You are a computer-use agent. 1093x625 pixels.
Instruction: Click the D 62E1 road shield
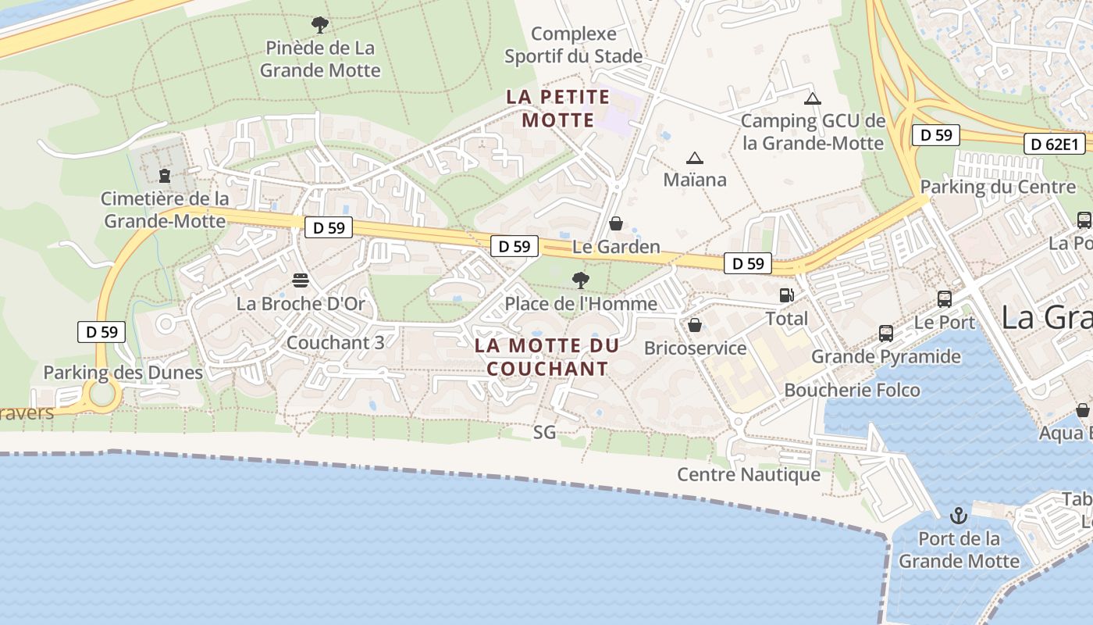point(1055,144)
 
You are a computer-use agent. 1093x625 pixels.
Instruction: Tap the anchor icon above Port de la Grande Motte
point(958,516)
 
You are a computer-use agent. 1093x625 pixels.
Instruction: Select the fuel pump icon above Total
point(786,295)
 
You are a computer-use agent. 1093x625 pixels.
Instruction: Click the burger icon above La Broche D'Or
point(301,279)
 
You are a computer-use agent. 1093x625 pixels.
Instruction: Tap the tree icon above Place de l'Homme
point(580,279)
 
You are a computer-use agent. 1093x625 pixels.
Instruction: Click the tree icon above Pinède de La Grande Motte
point(319,24)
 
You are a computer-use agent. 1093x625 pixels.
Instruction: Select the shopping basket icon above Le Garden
point(616,224)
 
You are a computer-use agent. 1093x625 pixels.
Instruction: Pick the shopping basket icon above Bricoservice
point(694,324)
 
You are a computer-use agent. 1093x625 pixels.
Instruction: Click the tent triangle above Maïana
point(694,158)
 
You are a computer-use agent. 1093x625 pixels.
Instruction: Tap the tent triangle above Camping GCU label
point(813,98)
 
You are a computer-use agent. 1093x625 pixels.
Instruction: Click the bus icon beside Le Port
point(945,298)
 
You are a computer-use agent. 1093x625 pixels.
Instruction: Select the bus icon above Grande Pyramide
point(886,334)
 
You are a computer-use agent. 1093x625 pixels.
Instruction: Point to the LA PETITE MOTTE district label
point(557,109)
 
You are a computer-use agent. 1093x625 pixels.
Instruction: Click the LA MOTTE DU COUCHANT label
point(546,357)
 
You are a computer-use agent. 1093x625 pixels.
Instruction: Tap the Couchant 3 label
point(335,342)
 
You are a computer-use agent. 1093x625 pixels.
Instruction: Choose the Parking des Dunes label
point(123,373)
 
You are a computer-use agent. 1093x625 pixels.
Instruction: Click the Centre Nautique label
point(748,474)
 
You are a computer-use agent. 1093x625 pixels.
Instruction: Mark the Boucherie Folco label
point(852,390)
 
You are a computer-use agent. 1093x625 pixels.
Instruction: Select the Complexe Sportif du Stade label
point(574,45)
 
